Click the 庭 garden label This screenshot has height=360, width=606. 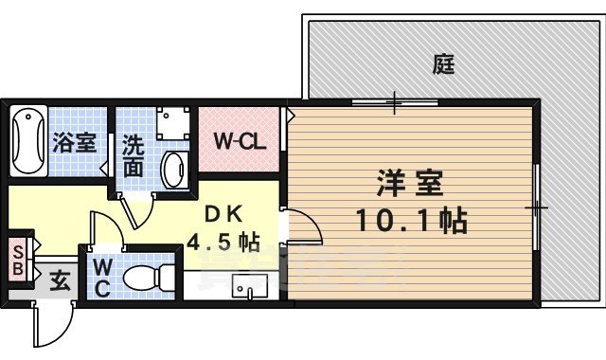click(444, 64)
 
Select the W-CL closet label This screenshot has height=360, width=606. click(238, 142)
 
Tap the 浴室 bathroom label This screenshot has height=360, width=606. click(74, 143)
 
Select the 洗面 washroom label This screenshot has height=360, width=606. click(134, 157)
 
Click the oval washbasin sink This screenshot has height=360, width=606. click(174, 170)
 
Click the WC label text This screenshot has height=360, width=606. click(101, 277)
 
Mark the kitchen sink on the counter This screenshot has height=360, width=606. click(251, 285)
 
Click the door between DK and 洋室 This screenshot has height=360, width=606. click(298, 228)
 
